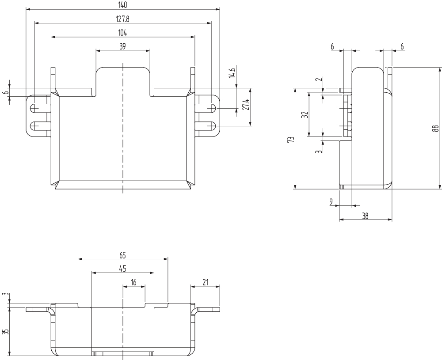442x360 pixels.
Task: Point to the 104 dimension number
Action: pos(123,32)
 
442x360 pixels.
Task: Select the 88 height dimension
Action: pos(436,129)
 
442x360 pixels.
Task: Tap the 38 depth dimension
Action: pos(365,216)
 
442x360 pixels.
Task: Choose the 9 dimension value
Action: pos(331,202)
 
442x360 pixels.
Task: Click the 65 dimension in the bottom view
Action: pos(123,255)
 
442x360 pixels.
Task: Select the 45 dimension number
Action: pos(123,268)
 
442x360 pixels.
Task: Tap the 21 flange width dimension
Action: pos(205,282)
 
